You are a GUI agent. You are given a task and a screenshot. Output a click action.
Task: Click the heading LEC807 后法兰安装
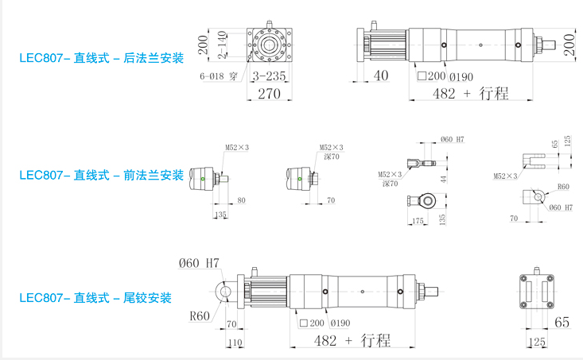point(101,58)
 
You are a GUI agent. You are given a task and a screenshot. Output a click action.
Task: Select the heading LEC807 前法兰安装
point(101,175)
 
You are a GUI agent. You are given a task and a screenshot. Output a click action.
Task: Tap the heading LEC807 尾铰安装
point(95,298)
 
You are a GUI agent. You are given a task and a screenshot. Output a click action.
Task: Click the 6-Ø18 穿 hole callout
point(219,77)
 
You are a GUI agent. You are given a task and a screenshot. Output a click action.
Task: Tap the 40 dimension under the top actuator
point(380,76)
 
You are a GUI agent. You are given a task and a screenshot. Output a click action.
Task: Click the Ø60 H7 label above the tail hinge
point(199,262)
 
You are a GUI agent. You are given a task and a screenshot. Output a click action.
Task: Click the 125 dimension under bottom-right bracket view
point(538,342)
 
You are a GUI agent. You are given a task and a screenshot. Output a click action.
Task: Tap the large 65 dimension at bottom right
point(562,322)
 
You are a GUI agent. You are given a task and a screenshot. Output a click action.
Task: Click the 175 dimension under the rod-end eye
point(416,220)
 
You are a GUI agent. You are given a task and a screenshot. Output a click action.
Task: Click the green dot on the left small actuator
point(204,179)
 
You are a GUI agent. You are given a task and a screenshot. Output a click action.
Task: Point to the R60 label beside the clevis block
point(563,187)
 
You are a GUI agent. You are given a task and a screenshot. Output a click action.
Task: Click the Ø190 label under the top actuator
point(461,77)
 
